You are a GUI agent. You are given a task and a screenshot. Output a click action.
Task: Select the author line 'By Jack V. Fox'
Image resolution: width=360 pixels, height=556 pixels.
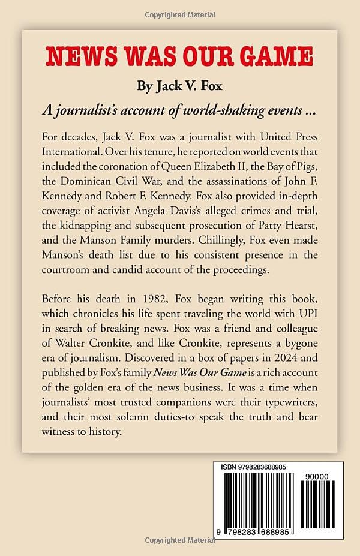[179, 86]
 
